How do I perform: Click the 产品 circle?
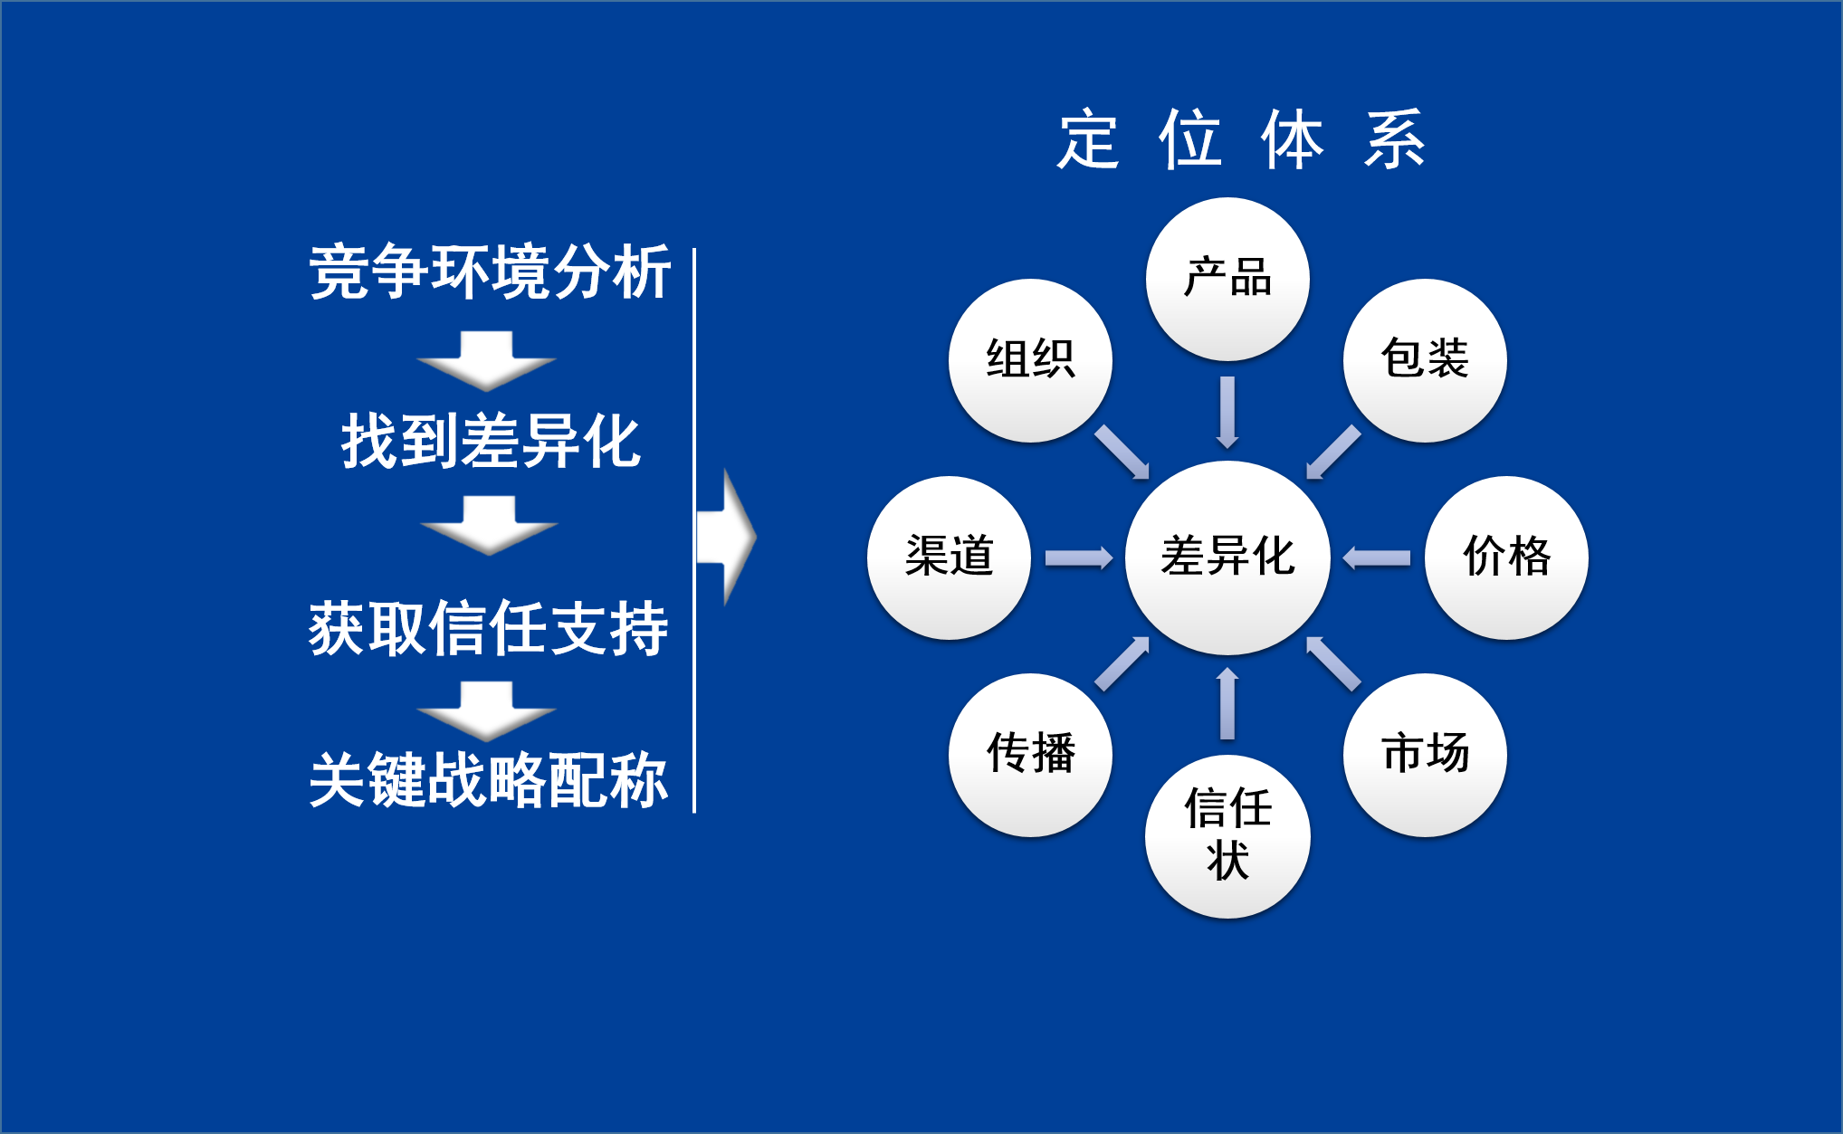1227,279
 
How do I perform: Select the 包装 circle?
1425,360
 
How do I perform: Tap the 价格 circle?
1506,557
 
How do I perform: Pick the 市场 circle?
1425,755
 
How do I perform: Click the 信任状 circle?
1227,836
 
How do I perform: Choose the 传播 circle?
1030,755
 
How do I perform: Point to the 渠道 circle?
949,557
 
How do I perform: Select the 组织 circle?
1030,360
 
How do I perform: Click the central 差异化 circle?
1227,557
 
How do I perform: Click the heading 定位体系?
1241,139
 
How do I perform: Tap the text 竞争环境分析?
490,272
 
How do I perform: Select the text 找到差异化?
491,442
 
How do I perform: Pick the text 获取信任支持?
489,628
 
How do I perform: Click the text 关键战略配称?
489,779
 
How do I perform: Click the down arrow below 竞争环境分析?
487,360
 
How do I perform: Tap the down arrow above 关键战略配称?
487,711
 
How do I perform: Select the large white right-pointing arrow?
727,537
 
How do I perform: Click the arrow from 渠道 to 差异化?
1079,557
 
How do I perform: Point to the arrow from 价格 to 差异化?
1376,557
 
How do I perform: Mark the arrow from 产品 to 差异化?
1227,413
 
